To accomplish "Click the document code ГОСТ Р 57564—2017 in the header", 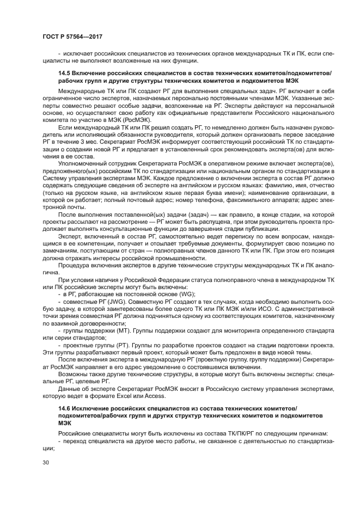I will (72, 36).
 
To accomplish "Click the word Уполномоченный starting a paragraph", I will (82, 164).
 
